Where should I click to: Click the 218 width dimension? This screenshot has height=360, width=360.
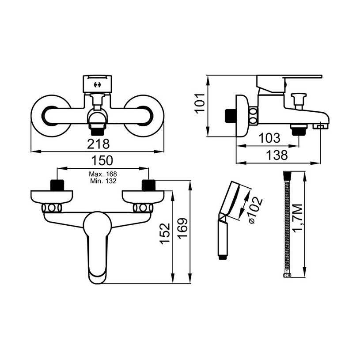99,144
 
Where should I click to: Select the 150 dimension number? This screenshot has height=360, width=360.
102,160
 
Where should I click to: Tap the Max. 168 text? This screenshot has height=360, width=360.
103,174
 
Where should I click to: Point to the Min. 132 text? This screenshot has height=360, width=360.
103,181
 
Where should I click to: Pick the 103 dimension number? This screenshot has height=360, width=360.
269,138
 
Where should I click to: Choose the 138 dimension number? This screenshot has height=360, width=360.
277,155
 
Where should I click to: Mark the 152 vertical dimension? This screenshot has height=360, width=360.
165,233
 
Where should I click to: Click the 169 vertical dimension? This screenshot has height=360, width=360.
183,229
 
